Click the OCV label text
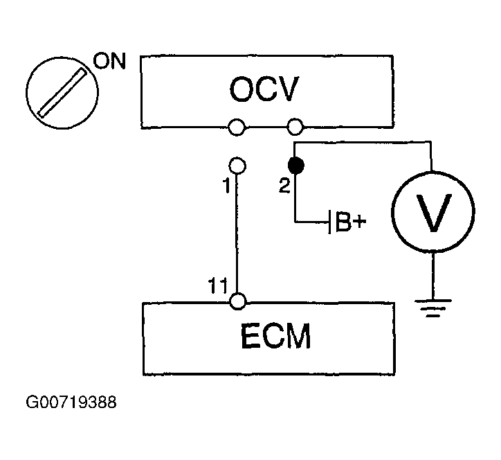264,89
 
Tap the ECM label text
275,336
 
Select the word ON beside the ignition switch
109,61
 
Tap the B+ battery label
351,222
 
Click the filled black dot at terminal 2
296,166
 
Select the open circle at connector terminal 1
237,166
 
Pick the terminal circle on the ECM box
238,301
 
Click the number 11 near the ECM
217,285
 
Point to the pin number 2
284,186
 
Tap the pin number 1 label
226,186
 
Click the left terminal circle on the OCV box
237,127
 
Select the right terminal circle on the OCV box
295,127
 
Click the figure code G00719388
71,402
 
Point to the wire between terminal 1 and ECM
237,233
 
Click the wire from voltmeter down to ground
433,276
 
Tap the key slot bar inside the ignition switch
62,93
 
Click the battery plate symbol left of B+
330,222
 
